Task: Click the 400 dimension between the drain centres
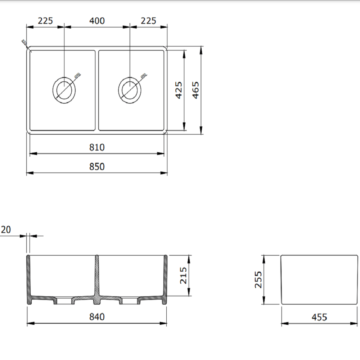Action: [x=97, y=21]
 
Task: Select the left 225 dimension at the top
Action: [x=45, y=21]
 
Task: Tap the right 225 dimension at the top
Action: [x=149, y=21]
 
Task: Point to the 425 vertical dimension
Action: [x=179, y=90]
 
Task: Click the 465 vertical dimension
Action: [x=195, y=90]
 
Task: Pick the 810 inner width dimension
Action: [x=97, y=147]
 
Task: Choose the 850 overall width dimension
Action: [x=97, y=167]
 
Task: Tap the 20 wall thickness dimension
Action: [x=6, y=230]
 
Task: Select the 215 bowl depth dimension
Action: [x=183, y=275]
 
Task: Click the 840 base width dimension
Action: [x=97, y=317]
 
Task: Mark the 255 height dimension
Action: [x=258, y=279]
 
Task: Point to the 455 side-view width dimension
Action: [x=319, y=317]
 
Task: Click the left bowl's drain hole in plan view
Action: [x=64, y=90]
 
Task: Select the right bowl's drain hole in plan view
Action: [x=130, y=90]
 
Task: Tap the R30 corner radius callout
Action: [x=24, y=42]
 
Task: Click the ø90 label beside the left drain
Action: [x=77, y=76]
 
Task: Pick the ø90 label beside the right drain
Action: [x=143, y=76]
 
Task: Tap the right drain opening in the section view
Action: [x=130, y=300]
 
